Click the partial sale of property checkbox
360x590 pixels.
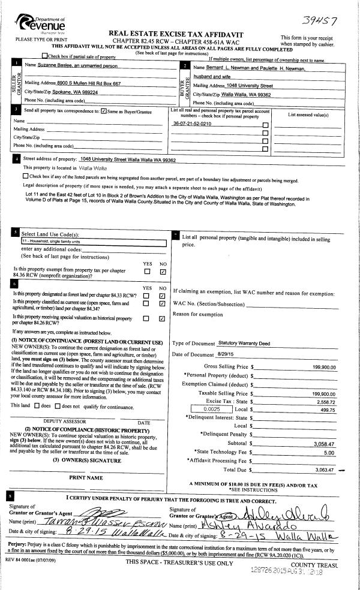44,56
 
